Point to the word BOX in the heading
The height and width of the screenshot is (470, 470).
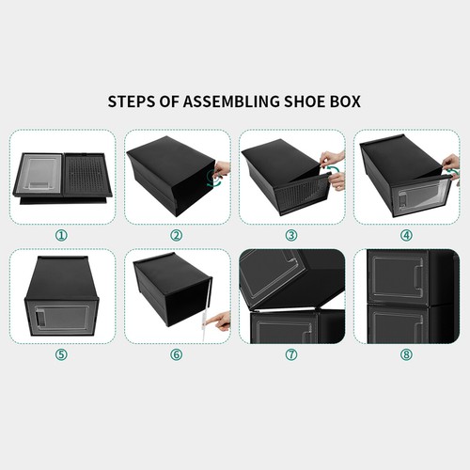point(347,100)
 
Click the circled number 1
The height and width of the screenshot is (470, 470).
point(61,234)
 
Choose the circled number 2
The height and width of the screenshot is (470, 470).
point(177,234)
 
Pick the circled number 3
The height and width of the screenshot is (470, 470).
point(291,234)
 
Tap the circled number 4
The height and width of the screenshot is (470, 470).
point(406,234)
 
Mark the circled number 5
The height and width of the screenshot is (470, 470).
point(61,355)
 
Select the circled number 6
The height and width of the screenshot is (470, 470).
point(177,355)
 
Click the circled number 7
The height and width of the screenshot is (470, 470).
point(291,355)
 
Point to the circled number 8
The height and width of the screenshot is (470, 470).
point(406,355)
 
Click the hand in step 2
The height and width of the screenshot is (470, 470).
point(224,170)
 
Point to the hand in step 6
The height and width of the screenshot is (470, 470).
point(221,321)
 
